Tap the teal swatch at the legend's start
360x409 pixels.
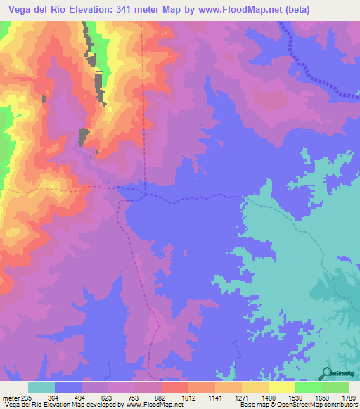pyautogui.click(x=41, y=387)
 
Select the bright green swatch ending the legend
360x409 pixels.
pyautogui.click(x=335, y=387)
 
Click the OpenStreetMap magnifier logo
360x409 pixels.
pyautogui.click(x=328, y=372)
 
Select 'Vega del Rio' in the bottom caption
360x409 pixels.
pyautogui.click(x=22, y=404)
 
